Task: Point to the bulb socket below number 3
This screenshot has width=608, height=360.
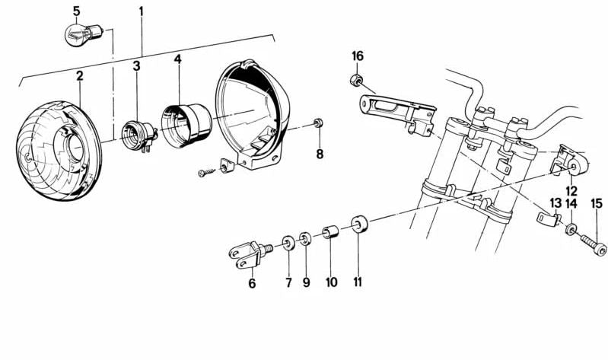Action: (x=138, y=133)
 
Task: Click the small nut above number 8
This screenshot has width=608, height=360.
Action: (x=320, y=123)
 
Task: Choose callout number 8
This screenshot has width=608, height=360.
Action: (x=320, y=155)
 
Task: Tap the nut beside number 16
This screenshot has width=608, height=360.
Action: (x=355, y=81)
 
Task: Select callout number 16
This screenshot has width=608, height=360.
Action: (x=358, y=57)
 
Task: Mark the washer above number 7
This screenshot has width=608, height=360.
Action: (x=289, y=244)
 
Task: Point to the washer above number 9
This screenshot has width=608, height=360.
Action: (x=305, y=241)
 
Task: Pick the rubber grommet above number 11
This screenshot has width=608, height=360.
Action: (x=358, y=226)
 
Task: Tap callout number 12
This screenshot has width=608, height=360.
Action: (x=571, y=190)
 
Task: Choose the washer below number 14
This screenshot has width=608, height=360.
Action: (x=571, y=228)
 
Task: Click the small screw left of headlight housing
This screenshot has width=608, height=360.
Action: (x=204, y=174)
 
